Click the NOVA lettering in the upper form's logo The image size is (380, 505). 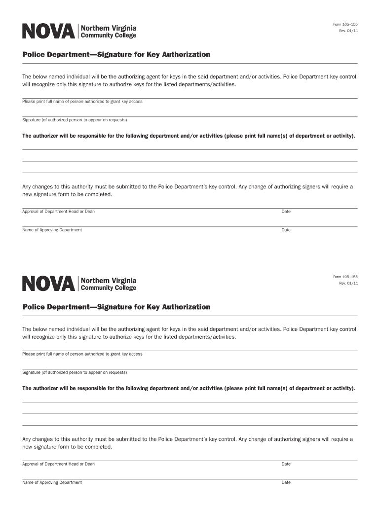pyautogui.click(x=49, y=31)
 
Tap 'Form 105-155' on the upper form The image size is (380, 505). pyautogui.click(x=345, y=24)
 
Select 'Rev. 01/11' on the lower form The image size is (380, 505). pyautogui.click(x=348, y=283)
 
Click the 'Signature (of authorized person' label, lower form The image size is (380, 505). pyautogui.click(x=75, y=372)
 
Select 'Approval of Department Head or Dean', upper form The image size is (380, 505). pyautogui.click(x=58, y=211)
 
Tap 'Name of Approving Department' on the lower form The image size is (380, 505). pyautogui.click(x=52, y=482)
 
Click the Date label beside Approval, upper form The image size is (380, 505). pyautogui.click(x=286, y=211)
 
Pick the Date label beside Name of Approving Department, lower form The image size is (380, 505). pyautogui.click(x=286, y=482)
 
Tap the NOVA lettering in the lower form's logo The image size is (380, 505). pyautogui.click(x=49, y=284)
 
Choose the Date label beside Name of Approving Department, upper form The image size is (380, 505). pyautogui.click(x=286, y=230)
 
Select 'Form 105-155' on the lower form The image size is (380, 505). pyautogui.click(x=345, y=277)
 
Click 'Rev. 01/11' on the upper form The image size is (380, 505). pyautogui.click(x=348, y=31)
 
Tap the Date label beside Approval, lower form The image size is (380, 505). pyautogui.click(x=286, y=464)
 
